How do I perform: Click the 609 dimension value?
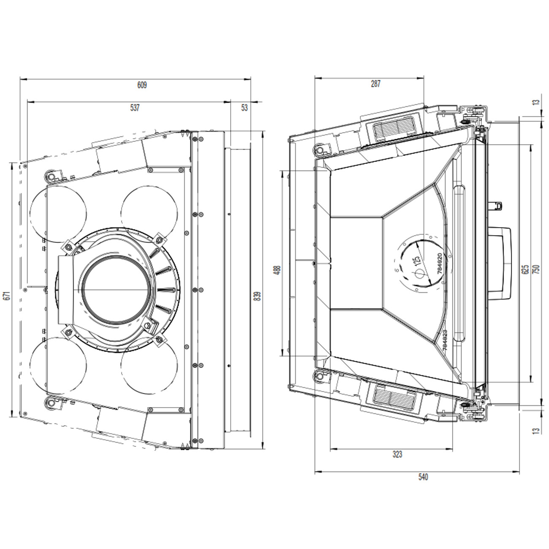coord(142,85)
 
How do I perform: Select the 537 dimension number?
coord(135,108)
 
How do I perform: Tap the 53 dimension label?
coord(245,108)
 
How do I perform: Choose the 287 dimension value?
coord(375,84)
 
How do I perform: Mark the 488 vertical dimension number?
coord(278,270)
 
